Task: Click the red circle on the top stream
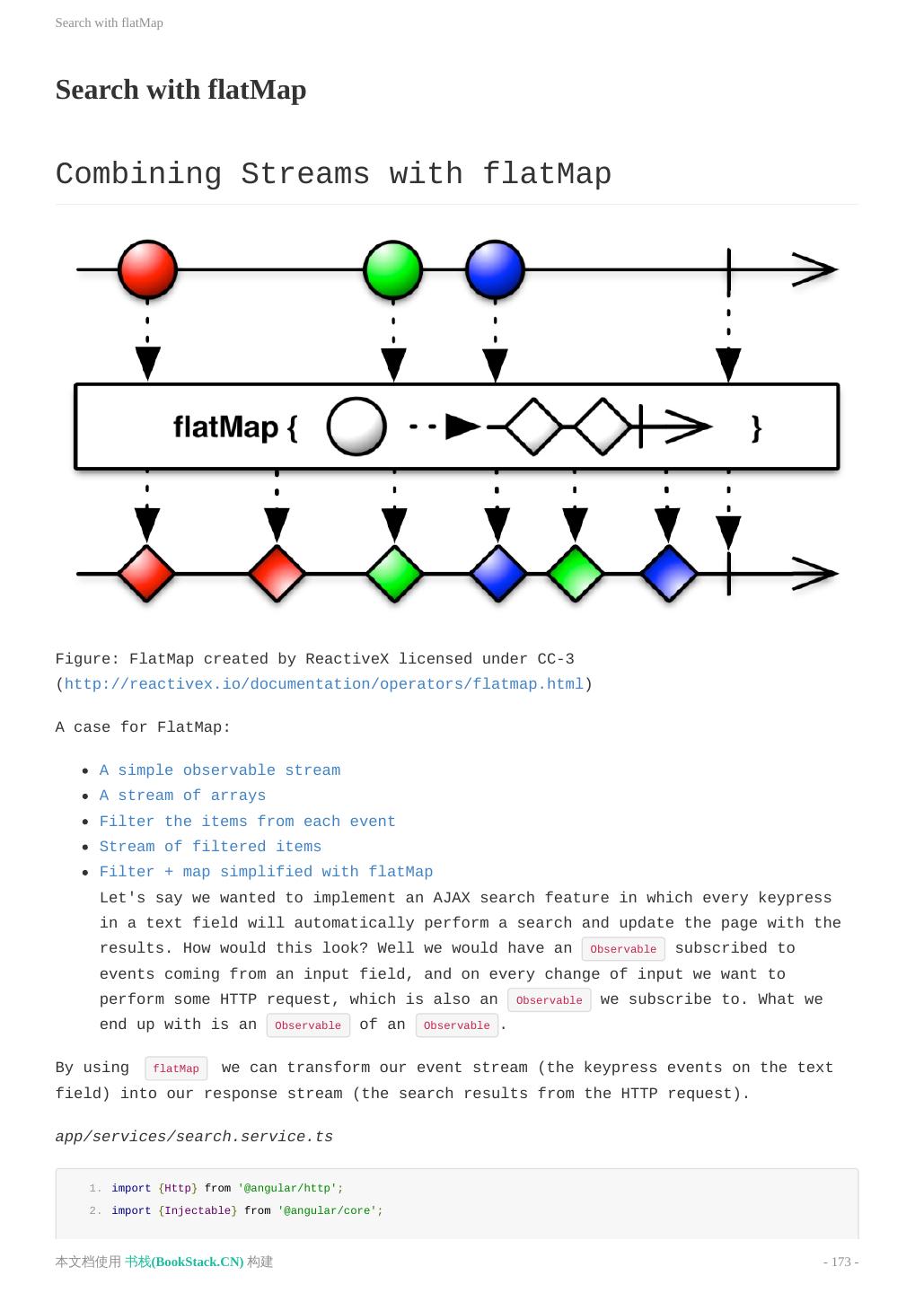point(147,268)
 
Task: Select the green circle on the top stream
point(393,268)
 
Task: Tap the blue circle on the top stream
point(495,268)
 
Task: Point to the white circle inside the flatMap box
point(356,427)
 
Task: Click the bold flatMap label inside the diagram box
point(225,427)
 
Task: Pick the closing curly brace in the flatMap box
point(756,428)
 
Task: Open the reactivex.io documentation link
point(323,684)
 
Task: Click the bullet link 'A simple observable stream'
point(220,770)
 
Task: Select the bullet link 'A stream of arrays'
point(182,796)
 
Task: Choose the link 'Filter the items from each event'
point(247,822)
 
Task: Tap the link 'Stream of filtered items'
point(210,847)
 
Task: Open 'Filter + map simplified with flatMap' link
point(266,872)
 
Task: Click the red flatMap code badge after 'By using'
point(176,1069)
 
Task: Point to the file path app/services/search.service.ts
point(194,1137)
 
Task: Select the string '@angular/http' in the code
point(290,1189)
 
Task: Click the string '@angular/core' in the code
point(330,1211)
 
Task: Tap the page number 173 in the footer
point(841,1262)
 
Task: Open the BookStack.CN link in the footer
point(184,1262)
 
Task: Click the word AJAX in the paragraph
point(452,898)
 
